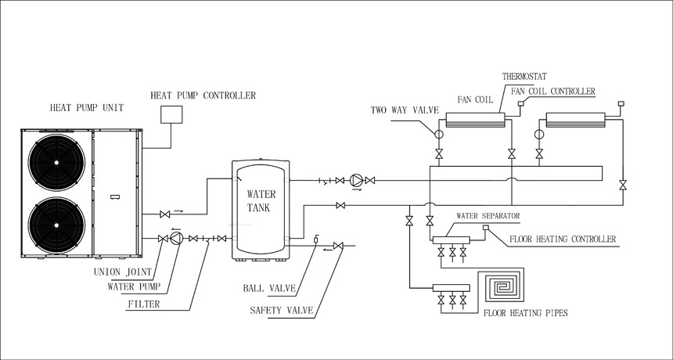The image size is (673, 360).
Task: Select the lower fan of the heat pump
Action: [x=59, y=227]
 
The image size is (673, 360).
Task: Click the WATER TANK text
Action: [x=261, y=200]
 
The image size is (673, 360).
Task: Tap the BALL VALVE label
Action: [x=269, y=289]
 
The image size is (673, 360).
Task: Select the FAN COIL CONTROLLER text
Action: [x=552, y=92]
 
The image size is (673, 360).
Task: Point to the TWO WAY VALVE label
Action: [x=400, y=110]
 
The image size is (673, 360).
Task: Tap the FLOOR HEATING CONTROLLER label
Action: [x=563, y=239]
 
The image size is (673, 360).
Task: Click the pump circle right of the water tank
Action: [x=357, y=181]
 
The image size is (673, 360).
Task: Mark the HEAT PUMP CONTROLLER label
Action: [x=203, y=95]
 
